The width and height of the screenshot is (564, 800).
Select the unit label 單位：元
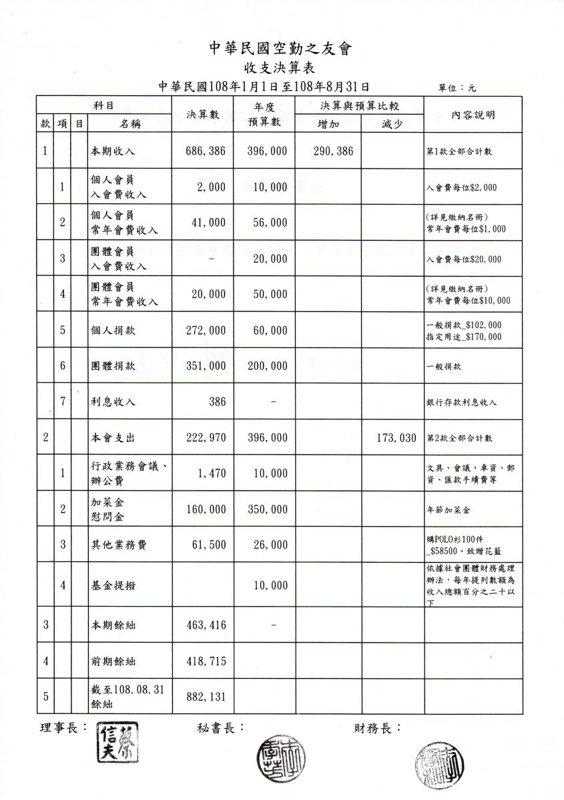[x=457, y=88]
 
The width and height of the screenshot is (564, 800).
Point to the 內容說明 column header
[x=473, y=115]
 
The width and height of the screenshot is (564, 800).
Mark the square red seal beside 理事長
[x=118, y=742]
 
